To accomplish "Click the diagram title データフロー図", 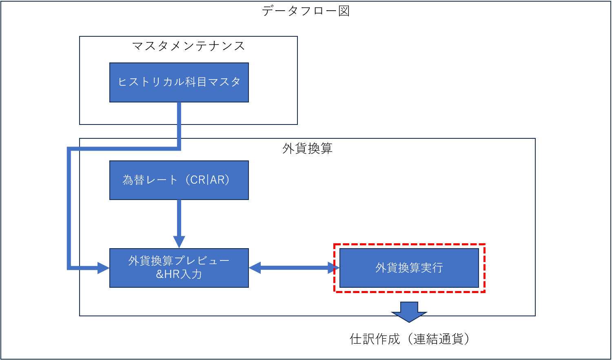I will coord(306,11).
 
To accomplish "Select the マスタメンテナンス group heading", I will coord(188,46).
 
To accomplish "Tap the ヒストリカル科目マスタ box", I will coord(179,82).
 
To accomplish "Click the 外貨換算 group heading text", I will coord(307,149).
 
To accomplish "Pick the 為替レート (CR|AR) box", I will coord(179,180).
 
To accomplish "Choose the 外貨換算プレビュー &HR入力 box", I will coord(179,268).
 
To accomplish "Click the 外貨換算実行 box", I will coord(409,268).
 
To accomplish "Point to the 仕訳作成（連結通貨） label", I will coord(410,339).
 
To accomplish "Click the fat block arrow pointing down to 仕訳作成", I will coord(409,312).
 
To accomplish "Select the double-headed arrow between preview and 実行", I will coord(294,268).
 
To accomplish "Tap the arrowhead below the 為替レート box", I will coord(179,242).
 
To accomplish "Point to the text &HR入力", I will coord(179,274).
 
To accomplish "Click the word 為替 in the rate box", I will coord(134,180).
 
